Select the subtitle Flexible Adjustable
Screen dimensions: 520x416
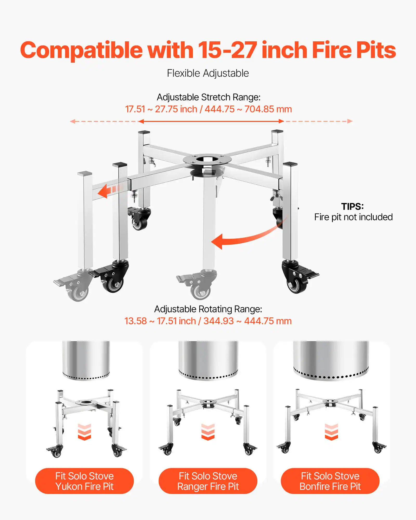click(x=208, y=73)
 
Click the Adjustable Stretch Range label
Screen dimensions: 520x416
click(x=208, y=97)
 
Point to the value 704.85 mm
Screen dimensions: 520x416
click(x=268, y=109)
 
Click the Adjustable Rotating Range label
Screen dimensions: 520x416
click(x=208, y=309)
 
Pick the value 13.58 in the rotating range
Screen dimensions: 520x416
click(x=135, y=321)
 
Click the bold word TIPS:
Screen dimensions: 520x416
click(x=352, y=206)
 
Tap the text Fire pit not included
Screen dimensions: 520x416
click(x=353, y=217)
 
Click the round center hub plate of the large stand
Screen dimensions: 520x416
click(x=207, y=159)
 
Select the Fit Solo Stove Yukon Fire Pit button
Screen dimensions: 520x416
click(x=84, y=481)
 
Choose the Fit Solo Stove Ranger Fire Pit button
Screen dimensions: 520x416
click(x=208, y=481)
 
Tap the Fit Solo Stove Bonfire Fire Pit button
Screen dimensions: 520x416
click(x=330, y=481)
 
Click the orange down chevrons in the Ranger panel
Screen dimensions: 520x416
click(x=208, y=432)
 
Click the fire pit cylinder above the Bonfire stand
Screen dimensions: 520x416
click(x=331, y=360)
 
